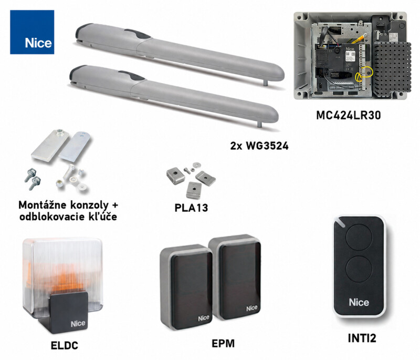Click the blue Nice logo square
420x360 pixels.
coord(32,32)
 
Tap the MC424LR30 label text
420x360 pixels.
coord(349,115)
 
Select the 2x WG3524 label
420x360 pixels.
coord(259,146)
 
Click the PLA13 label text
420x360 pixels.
coord(191,208)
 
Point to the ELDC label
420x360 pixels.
coord(64,345)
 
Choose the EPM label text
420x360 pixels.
coord(223,343)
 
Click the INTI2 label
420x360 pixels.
coord(362,338)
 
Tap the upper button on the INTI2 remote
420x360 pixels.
coord(358,237)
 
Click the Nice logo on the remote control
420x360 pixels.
coord(359,302)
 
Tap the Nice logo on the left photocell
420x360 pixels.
coord(204,318)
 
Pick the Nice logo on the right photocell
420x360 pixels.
coord(252,308)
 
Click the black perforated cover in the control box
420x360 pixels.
coord(392,70)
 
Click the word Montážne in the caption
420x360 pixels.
coord(43,205)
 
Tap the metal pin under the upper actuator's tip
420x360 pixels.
coord(265,83)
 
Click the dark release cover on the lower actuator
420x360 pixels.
coord(132,76)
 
